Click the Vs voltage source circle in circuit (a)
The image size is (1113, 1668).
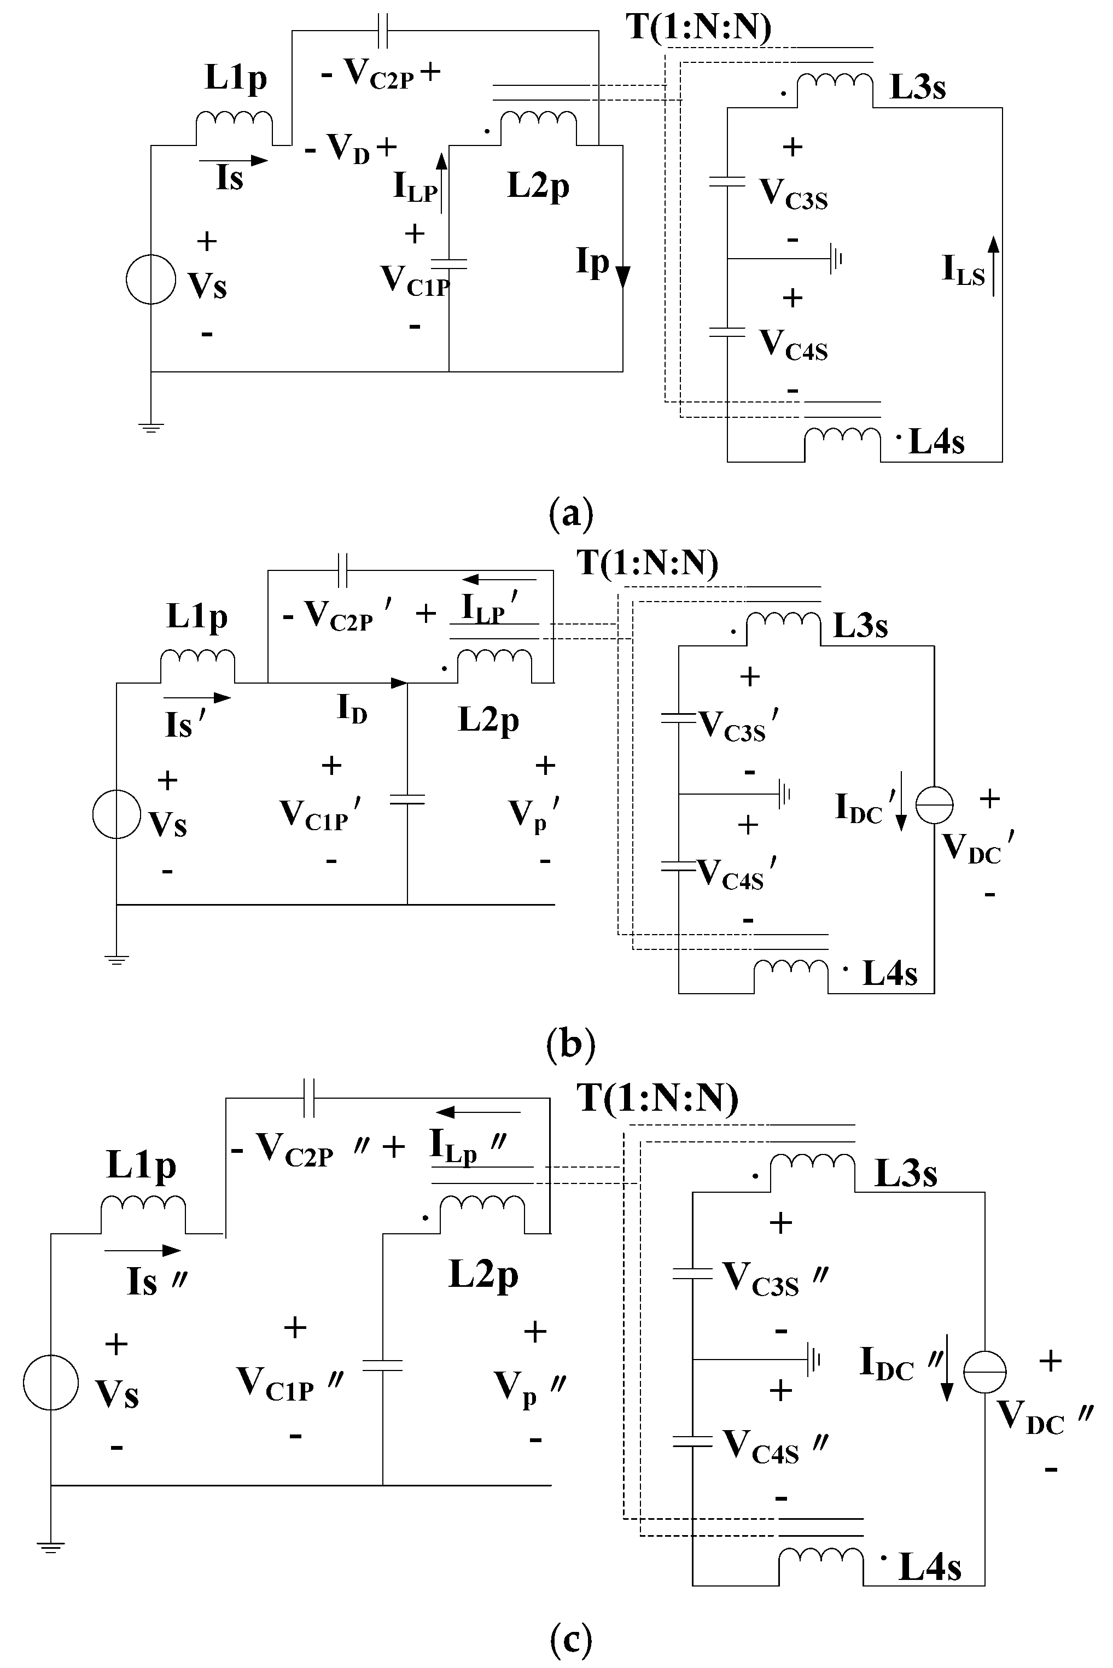[150, 279]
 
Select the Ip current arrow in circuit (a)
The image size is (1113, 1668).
[622, 276]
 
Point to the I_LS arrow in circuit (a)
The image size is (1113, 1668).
[994, 266]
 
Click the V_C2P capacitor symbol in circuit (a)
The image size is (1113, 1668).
[383, 31]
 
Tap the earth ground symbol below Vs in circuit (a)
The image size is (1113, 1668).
[150, 427]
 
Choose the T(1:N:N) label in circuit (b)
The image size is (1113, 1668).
[648, 563]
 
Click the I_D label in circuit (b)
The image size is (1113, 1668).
[352, 708]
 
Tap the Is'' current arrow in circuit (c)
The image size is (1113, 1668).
[142, 1251]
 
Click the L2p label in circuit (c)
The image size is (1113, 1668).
[484, 1273]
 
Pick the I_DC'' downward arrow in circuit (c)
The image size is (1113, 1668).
[947, 1377]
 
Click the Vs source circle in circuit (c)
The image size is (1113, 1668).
[50, 1382]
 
